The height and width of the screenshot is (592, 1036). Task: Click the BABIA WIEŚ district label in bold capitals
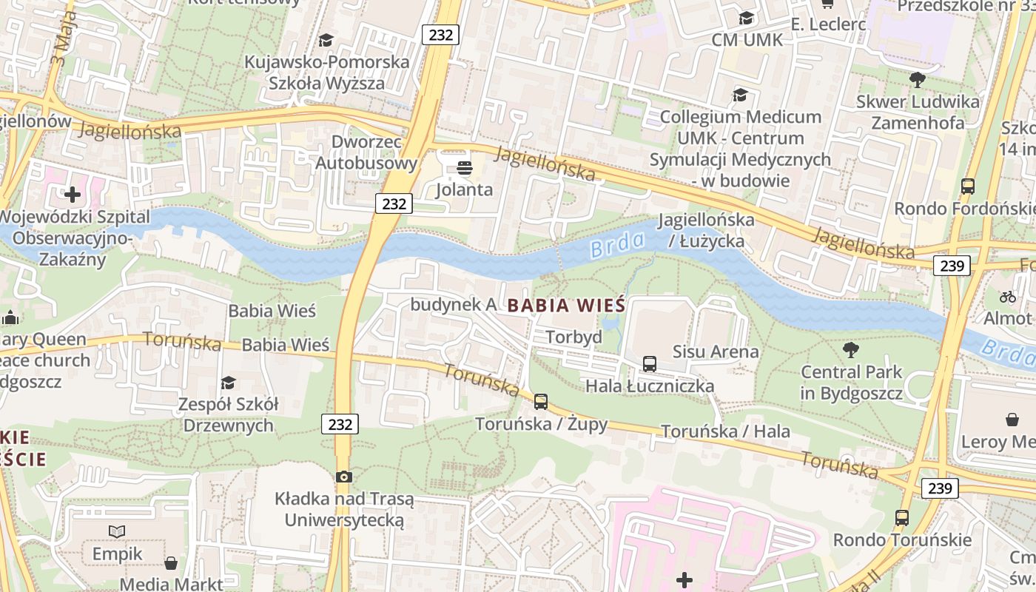[x=566, y=305]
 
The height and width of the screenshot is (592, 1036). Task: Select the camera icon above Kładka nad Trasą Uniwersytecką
[x=343, y=477]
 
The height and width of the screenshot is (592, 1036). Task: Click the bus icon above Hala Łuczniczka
[x=650, y=363]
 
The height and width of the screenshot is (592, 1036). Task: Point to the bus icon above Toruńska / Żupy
[x=541, y=402]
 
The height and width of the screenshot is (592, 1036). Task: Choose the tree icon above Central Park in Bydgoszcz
[x=851, y=349]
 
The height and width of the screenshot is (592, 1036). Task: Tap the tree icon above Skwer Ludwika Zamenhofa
[x=917, y=79]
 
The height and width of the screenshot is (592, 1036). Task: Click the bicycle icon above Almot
[x=1007, y=297]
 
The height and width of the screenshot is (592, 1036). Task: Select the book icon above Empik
[x=117, y=531]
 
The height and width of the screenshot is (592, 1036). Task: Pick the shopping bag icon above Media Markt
[x=171, y=563]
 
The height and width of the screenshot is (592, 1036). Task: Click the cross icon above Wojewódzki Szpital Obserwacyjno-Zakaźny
[x=73, y=195]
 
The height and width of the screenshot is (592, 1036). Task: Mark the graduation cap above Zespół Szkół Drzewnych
[x=229, y=383]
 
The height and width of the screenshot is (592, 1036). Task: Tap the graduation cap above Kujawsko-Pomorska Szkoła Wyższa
[x=326, y=40]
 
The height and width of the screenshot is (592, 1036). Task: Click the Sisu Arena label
[x=716, y=351]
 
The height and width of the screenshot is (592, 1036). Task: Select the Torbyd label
[x=573, y=337]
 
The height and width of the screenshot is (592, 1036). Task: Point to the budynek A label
[x=453, y=304]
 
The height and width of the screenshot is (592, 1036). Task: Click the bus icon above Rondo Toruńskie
[x=901, y=518]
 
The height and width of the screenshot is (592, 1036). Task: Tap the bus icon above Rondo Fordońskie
[x=967, y=186]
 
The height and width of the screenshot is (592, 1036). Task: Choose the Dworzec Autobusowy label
[x=358, y=152]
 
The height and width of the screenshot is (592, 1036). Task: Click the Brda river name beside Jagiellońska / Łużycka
[x=618, y=244]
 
